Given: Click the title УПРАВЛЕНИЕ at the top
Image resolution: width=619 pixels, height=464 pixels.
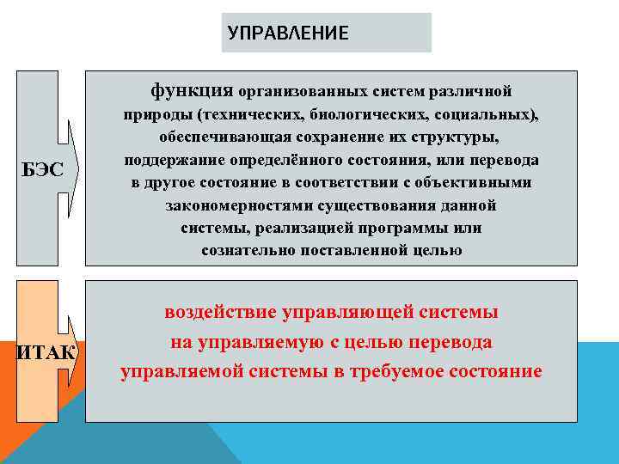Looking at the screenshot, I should coord(289,34).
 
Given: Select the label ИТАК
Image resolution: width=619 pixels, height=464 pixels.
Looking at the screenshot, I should coord(46,353).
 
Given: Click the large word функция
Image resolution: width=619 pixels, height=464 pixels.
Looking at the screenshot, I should coord(193,89).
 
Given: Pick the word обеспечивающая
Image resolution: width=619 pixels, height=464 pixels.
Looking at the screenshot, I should coord(215,137).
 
